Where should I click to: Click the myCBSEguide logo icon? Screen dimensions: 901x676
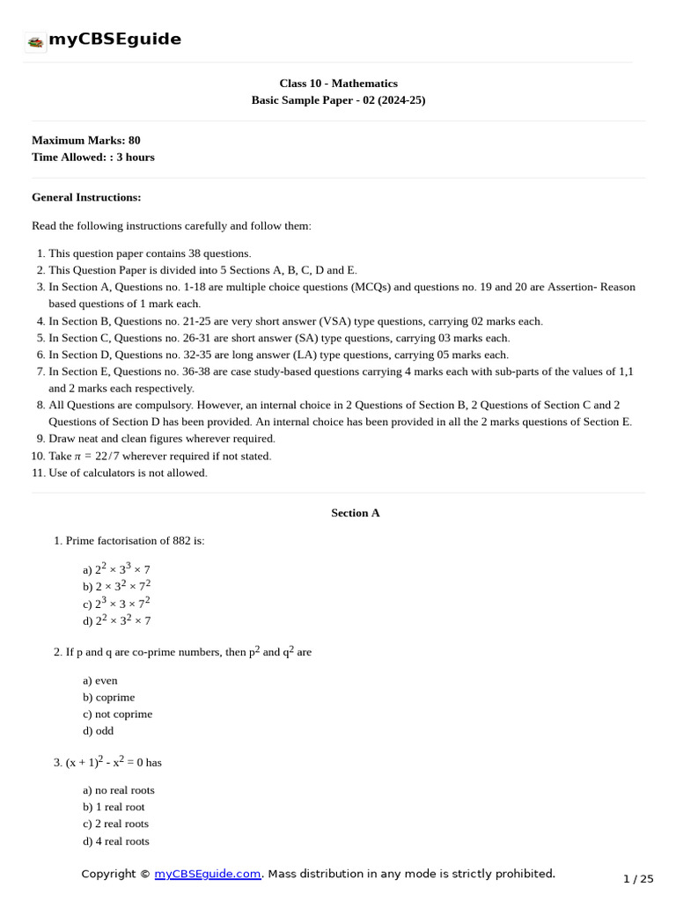point(35,40)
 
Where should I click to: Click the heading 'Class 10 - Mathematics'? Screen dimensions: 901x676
point(338,84)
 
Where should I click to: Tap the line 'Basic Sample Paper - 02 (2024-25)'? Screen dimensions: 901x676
point(338,100)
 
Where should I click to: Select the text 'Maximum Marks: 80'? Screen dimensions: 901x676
point(85,140)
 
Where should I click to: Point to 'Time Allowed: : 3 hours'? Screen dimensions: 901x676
point(92,157)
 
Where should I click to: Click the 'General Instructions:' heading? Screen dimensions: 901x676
point(86,197)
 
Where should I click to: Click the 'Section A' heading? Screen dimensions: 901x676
point(355,513)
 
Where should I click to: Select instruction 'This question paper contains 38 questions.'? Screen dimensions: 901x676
point(150,253)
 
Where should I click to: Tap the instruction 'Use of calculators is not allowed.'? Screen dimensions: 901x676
point(129,472)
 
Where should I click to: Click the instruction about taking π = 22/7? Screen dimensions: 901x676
point(160,456)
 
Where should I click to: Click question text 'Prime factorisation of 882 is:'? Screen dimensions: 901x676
point(135,540)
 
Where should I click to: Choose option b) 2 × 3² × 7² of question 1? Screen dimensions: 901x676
point(117,586)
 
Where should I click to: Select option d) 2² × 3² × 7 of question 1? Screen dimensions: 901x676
point(117,620)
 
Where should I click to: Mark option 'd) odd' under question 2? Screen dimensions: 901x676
point(98,730)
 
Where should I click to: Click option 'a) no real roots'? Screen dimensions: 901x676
point(119,790)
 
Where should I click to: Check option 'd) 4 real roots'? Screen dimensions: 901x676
point(116,841)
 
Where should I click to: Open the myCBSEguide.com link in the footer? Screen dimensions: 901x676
point(208,874)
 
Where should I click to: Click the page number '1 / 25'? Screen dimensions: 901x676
point(638,878)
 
